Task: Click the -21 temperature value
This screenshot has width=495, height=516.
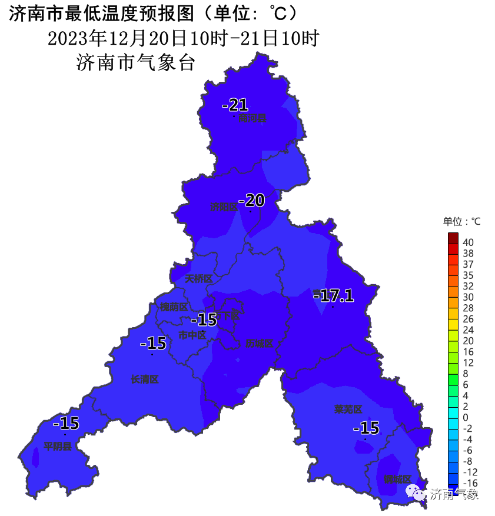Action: click(x=234, y=105)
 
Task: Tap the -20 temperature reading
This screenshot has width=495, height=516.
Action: click(x=251, y=200)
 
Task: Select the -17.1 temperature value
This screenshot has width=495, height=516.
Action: click(x=333, y=295)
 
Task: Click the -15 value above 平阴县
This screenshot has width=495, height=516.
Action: click(x=65, y=423)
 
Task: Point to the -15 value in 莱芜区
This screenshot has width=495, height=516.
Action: click(x=366, y=428)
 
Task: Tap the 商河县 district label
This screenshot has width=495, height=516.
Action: click(x=253, y=118)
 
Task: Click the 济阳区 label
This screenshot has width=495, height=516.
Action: click(x=224, y=207)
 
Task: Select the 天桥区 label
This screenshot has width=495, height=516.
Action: click(x=198, y=278)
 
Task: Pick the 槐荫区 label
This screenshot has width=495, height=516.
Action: click(x=174, y=307)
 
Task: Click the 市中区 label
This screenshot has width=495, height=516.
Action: click(x=192, y=335)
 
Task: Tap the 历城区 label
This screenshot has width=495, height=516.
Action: click(x=260, y=343)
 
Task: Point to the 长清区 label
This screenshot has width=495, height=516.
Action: click(x=144, y=379)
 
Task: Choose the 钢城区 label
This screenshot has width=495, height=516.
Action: click(x=397, y=479)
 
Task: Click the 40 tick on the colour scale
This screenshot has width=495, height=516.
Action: click(x=468, y=242)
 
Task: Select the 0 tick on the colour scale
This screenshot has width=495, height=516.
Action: click(x=465, y=417)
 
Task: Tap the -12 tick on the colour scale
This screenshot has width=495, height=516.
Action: click(x=469, y=472)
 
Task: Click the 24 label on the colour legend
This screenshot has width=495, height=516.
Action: click(x=468, y=329)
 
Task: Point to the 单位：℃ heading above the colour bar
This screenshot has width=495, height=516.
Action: click(x=461, y=221)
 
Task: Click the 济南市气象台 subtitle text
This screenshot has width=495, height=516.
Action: click(x=135, y=62)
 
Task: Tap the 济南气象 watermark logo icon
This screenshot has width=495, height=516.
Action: click(x=417, y=493)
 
